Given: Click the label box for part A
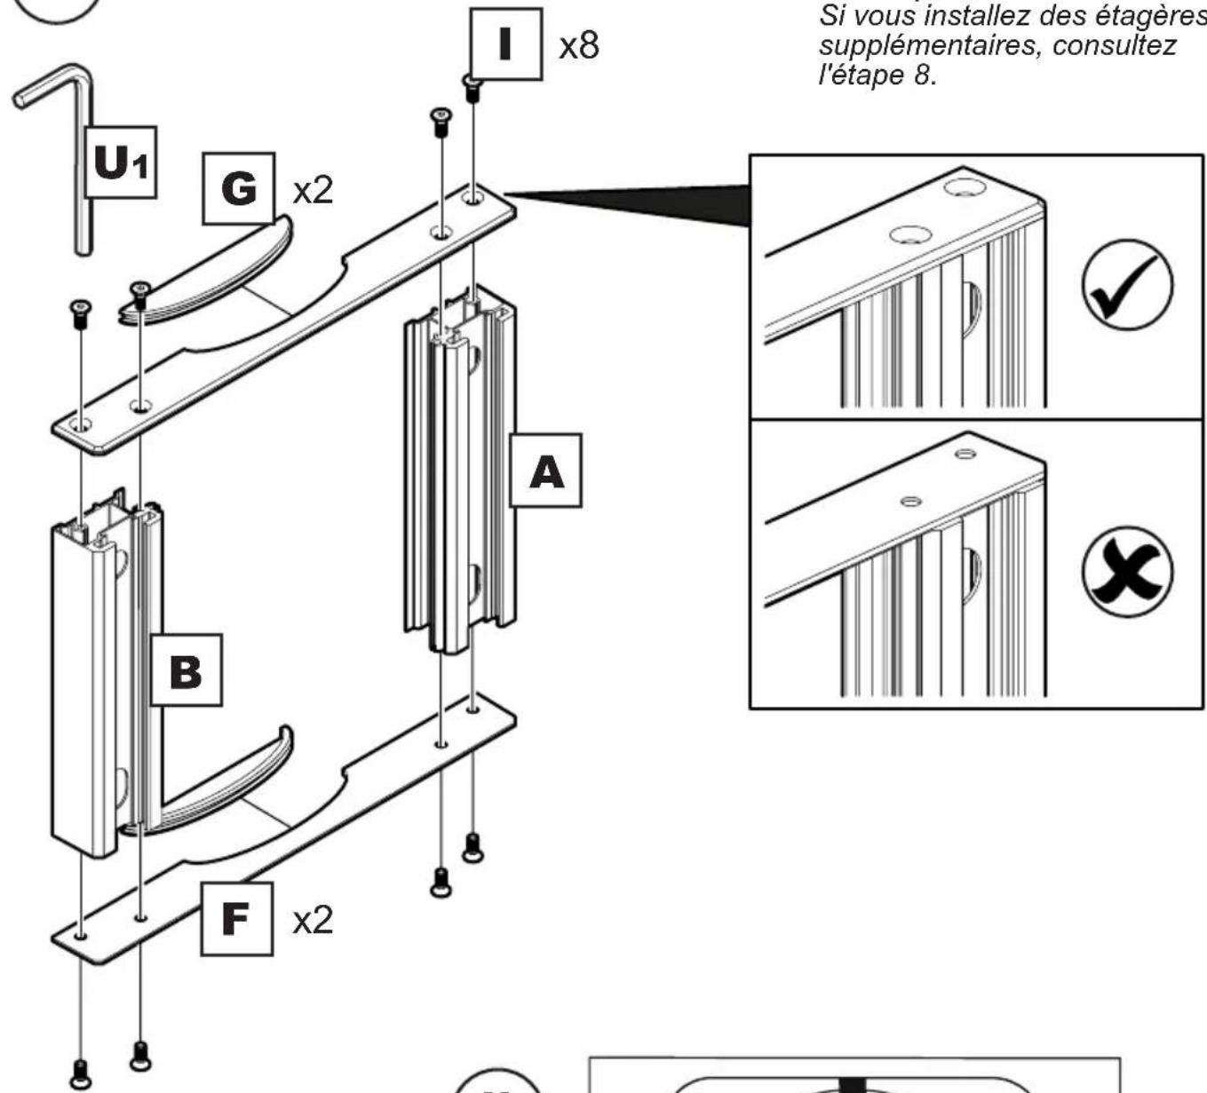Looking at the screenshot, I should click(546, 471).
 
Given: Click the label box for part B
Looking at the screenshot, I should click(185, 669).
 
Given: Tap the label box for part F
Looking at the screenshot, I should click(235, 918).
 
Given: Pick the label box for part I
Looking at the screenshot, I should click(505, 44).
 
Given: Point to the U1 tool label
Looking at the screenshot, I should click(120, 162).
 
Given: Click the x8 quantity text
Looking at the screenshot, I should click(579, 45).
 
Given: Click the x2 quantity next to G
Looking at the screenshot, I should click(313, 190).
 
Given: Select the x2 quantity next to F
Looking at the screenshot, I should click(313, 920).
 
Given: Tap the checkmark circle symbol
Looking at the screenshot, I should click(1126, 285).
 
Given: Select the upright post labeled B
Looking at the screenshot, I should click(89, 684).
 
